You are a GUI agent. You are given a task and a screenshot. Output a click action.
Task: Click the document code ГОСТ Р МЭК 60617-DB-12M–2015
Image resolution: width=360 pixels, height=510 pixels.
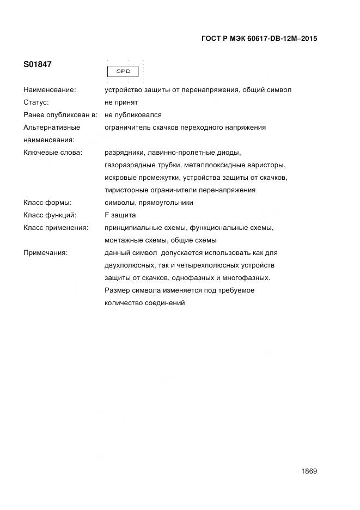point(259,39)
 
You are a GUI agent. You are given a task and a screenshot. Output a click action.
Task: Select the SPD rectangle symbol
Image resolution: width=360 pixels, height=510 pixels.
point(124,71)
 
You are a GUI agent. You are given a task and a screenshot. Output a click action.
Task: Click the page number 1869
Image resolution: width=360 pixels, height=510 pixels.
point(308,471)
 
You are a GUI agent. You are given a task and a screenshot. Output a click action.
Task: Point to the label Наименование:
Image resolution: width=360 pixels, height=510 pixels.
point(50,89)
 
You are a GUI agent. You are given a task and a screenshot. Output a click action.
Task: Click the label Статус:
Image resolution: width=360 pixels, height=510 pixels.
point(36,102)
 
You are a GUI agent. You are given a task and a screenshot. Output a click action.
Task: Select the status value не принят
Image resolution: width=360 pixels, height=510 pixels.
point(121,102)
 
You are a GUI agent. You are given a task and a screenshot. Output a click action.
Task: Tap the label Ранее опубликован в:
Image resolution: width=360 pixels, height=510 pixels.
point(60,115)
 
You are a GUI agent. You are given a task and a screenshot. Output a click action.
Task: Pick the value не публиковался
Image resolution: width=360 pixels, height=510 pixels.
point(133,115)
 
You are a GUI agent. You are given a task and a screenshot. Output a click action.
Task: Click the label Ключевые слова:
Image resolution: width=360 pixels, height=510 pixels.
point(53,153)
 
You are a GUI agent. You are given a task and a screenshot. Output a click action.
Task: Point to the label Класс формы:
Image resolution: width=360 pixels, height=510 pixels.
point(48,203)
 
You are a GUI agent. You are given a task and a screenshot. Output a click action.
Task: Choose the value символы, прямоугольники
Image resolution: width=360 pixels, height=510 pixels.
point(149,203)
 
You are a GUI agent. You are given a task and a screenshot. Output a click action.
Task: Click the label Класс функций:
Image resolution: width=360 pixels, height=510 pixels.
point(50,215)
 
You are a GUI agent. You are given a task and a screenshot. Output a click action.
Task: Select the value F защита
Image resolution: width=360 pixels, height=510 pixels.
point(120,215)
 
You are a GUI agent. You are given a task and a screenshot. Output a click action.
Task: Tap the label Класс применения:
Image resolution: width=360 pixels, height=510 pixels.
point(56,228)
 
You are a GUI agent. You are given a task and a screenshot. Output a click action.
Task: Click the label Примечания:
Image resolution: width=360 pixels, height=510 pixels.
point(46,253)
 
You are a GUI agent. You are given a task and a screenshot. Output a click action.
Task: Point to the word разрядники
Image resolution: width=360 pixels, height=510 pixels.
point(124,153)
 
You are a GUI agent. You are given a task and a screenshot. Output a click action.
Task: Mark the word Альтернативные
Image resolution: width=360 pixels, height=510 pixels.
point(52,127)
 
